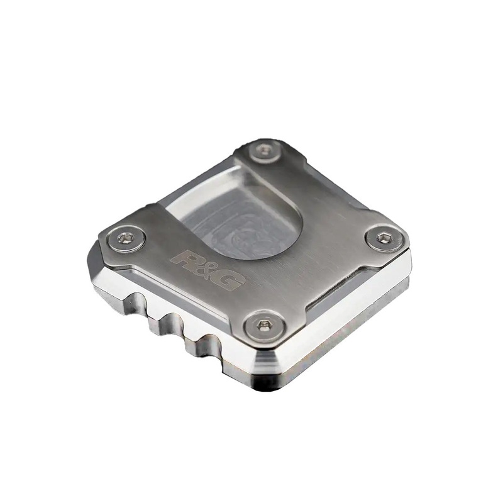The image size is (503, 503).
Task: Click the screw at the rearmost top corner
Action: [263, 150]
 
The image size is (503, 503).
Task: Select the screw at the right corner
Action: [383, 238]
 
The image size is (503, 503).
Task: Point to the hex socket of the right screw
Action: [383, 238]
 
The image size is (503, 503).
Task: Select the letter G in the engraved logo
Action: [228, 280]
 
